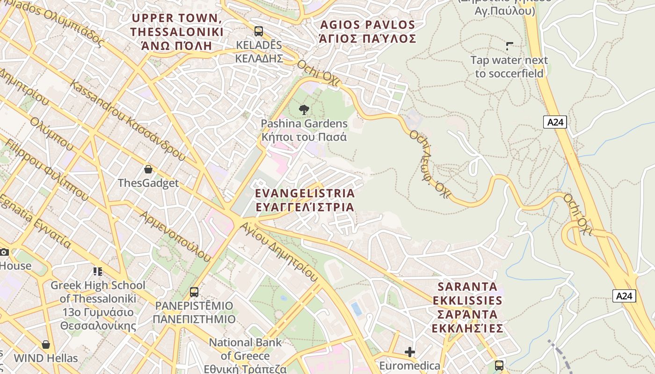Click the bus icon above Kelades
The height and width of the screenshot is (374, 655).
pyautogui.click(x=258, y=31)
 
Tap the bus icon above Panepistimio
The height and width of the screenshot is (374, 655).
pyautogui.click(x=194, y=292)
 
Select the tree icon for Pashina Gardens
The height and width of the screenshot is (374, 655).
pyautogui.click(x=304, y=110)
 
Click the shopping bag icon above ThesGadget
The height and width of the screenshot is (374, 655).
pyautogui.click(x=148, y=169)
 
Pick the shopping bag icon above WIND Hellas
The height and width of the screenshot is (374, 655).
pyautogui.click(x=46, y=345)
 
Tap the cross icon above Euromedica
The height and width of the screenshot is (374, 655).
pyautogui.click(x=410, y=352)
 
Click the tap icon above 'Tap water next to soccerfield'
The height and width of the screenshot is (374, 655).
pyautogui.click(x=509, y=46)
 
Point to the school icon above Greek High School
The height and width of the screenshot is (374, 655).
pyautogui.click(x=98, y=272)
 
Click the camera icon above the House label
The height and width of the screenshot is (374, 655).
pyautogui.click(x=4, y=252)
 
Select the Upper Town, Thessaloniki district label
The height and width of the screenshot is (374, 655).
pyautogui.click(x=177, y=32)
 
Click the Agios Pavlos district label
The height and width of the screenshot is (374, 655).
pyautogui.click(x=367, y=31)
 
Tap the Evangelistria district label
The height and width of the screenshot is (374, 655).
pyautogui.click(x=305, y=200)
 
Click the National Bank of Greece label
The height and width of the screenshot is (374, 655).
pyautogui.click(x=245, y=355)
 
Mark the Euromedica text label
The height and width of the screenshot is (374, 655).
pyautogui.click(x=410, y=366)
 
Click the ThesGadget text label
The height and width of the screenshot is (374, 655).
pyautogui.click(x=148, y=183)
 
